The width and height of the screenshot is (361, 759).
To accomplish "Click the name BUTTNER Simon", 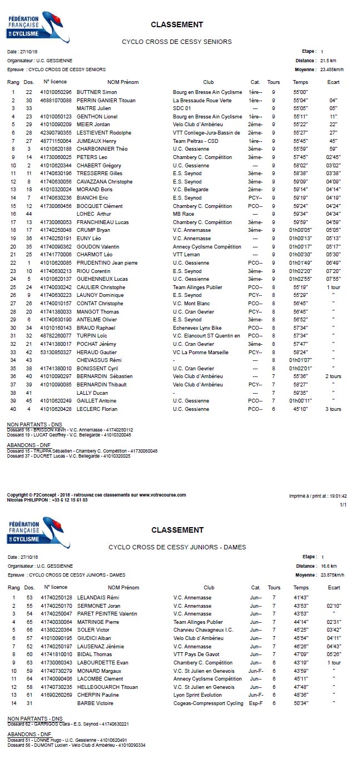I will coord(97,92).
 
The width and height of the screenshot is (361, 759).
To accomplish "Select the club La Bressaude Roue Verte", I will coord(202,100).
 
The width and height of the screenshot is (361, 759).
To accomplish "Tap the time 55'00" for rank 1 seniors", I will coord(300,92).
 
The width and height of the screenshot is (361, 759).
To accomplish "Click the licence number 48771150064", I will coord(56,141).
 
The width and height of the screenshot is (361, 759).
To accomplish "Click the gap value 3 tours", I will coord(333,409).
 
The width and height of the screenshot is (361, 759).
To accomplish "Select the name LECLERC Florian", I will coord(97,409).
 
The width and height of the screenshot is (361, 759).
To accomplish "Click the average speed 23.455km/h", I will coord(332,70).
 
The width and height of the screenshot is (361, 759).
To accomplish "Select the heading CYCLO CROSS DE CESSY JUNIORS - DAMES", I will coord(177,547).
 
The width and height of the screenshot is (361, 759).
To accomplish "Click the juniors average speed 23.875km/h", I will coord(332,575).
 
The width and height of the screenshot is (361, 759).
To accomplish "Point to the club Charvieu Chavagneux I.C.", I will coord(203,630).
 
